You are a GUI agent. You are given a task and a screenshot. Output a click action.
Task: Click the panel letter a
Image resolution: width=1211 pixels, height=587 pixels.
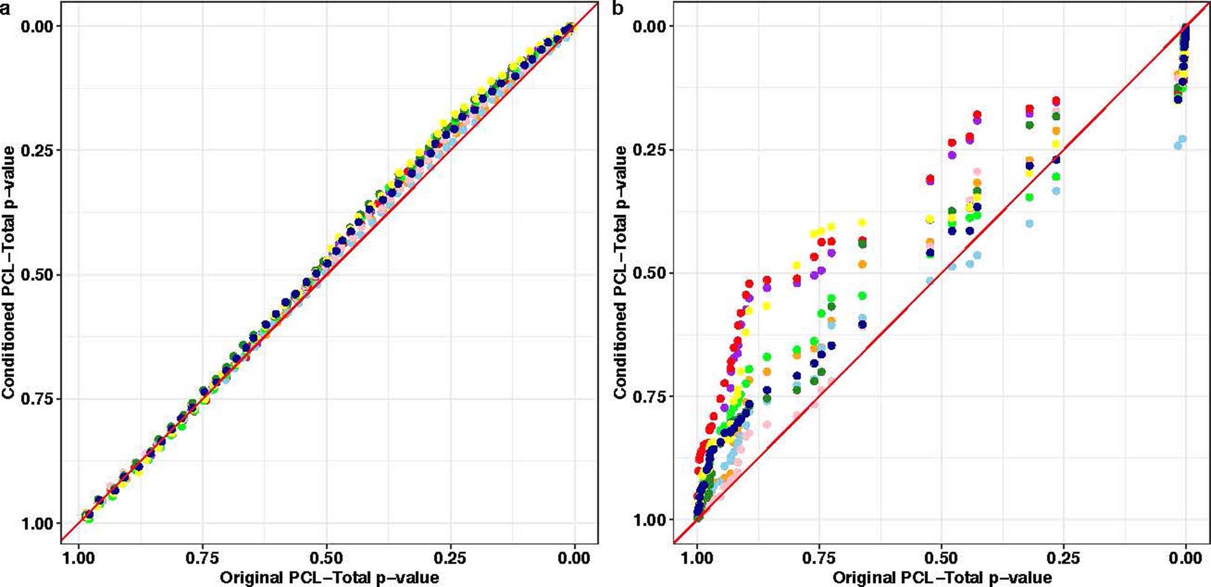6,8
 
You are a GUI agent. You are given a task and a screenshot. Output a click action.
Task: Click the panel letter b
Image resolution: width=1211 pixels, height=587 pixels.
617,8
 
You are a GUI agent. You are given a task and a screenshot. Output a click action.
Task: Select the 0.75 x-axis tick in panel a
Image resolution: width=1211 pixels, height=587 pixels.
202,558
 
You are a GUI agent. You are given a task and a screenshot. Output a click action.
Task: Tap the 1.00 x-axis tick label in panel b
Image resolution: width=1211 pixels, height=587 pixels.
697,558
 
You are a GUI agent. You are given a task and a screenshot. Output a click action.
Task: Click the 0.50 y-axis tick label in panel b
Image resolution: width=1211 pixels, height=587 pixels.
650,273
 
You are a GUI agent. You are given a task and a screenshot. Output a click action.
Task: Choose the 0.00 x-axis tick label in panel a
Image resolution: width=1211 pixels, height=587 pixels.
574,558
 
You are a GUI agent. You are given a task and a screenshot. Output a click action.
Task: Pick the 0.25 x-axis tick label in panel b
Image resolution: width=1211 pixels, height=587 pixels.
1063,558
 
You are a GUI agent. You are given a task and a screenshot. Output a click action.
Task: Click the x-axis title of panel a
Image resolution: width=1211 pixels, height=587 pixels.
329,578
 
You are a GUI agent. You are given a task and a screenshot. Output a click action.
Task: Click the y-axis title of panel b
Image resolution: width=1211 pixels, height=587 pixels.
620,272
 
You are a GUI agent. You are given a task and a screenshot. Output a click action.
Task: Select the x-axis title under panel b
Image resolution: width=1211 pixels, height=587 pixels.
942,578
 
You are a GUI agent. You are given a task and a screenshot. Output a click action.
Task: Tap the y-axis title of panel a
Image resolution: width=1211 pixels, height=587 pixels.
8,272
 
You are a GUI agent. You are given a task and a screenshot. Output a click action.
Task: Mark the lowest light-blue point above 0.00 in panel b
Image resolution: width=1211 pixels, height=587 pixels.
1178,146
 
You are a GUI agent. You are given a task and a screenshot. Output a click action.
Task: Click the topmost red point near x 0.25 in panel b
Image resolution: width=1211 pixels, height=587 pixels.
1056,101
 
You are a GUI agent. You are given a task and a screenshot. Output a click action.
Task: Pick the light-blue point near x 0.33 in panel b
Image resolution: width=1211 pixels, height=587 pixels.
1029,223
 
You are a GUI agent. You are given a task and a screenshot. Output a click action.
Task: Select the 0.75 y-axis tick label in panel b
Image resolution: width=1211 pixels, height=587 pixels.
650,396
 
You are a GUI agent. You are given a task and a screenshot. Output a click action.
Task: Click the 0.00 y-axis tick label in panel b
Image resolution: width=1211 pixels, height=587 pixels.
650,26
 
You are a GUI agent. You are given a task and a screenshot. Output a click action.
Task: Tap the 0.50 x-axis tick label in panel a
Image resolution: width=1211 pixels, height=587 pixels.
326,558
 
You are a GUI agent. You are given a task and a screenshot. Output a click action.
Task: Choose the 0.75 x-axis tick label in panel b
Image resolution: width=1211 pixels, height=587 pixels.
818,558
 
